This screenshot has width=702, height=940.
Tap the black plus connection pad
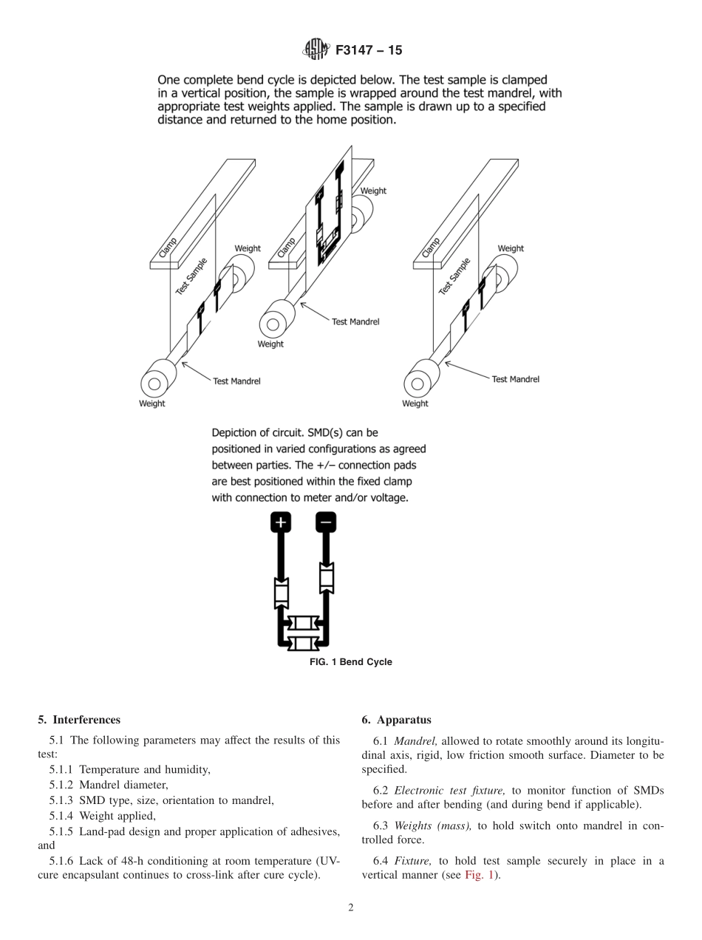coord(281,522)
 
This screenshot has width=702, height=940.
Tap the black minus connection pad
coord(326,522)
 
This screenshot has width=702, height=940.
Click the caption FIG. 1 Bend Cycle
coord(350,662)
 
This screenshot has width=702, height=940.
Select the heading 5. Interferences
coord(78,720)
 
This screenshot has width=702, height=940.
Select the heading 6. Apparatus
coord(396,720)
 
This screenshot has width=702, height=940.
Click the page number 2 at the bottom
coord(351,908)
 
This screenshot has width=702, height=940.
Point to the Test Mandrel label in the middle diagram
coord(355,321)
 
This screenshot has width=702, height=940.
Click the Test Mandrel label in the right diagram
coord(515,379)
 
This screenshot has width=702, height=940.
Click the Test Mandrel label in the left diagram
coord(236,381)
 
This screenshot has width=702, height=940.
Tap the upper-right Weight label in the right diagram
coord(511,248)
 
